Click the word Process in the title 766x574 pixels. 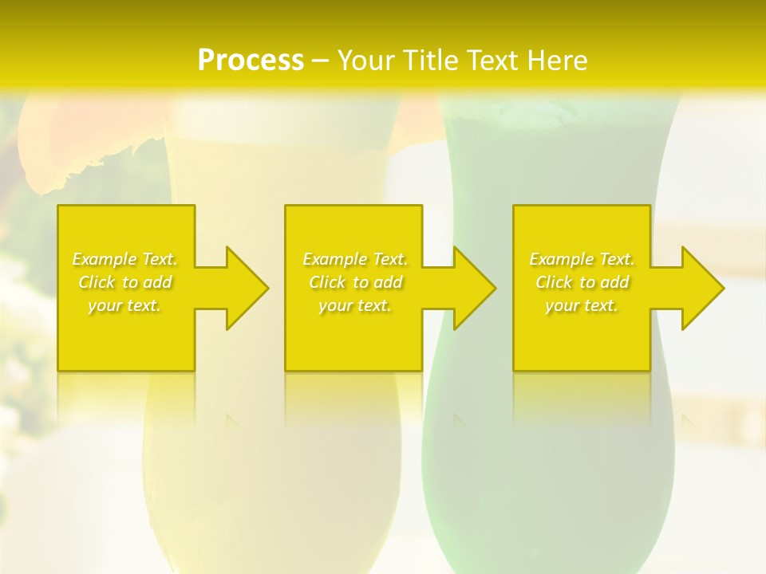pyautogui.click(x=251, y=61)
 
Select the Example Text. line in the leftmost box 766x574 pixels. pyautogui.click(x=125, y=259)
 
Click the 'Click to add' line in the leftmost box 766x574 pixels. pyautogui.click(x=125, y=282)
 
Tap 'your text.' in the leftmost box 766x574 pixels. pyautogui.click(x=125, y=305)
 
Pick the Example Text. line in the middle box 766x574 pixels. pyautogui.click(x=355, y=259)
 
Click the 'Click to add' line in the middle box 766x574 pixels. pyautogui.click(x=355, y=282)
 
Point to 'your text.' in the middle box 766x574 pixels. pyautogui.click(x=355, y=305)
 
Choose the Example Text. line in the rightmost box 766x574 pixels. pyautogui.click(x=582, y=259)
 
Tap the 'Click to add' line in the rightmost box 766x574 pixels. pyautogui.click(x=582, y=282)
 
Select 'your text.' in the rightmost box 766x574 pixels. pyautogui.click(x=582, y=305)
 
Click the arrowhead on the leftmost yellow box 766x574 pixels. pyautogui.click(x=243, y=288)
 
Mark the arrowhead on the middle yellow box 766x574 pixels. pyautogui.click(x=471, y=288)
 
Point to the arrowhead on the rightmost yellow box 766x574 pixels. pyautogui.click(x=699, y=288)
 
